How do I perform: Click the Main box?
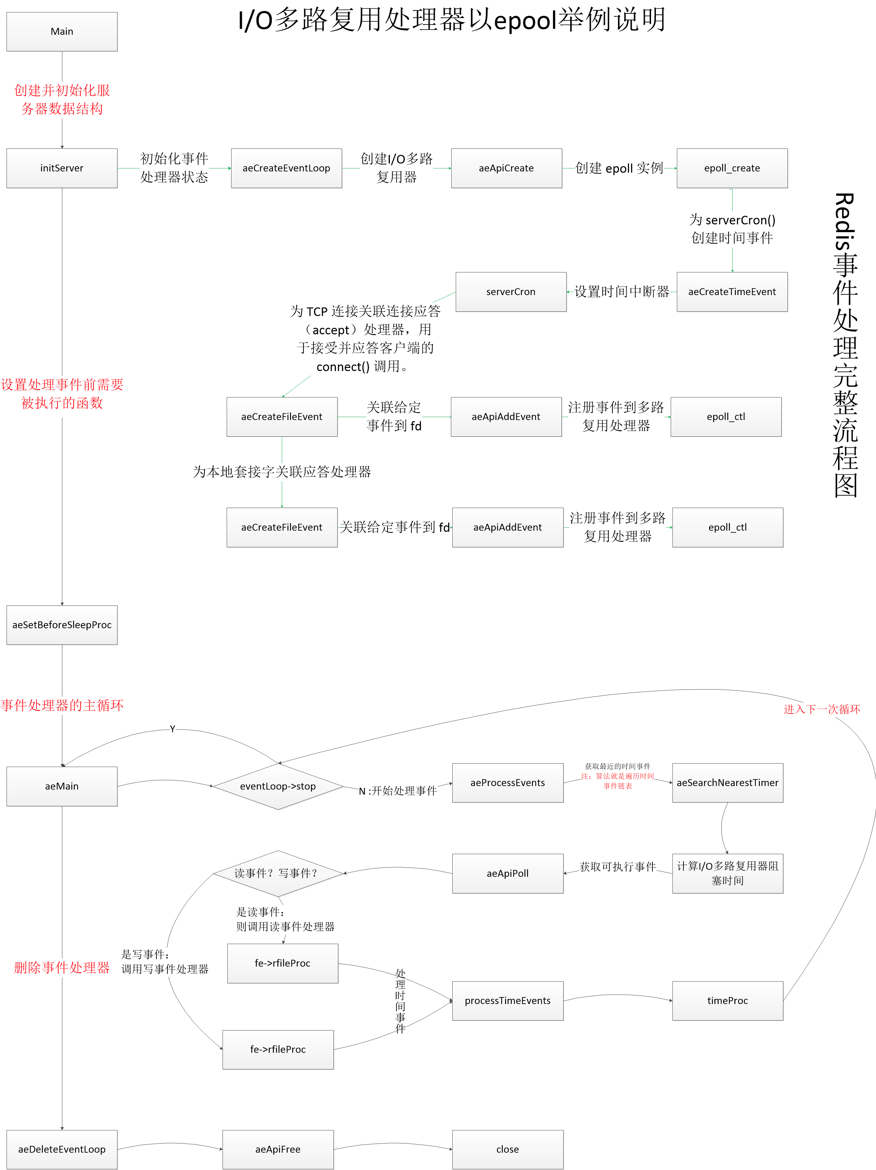(62, 32)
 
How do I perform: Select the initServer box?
(62, 168)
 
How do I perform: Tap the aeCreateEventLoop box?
(286, 168)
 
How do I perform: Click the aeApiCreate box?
(506, 168)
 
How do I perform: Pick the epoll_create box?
(732, 168)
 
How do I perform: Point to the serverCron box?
(511, 292)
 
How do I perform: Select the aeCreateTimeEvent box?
(732, 292)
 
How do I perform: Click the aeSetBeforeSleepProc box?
(62, 625)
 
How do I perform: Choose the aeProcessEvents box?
(507, 783)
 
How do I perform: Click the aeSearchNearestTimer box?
(727, 783)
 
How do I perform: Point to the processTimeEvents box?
(507, 1001)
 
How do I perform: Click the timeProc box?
(727, 1001)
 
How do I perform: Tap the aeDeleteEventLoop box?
(62, 1149)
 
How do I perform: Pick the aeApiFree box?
(278, 1149)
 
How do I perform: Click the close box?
(507, 1149)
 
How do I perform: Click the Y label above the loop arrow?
(173, 729)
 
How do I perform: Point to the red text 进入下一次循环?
(822, 709)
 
